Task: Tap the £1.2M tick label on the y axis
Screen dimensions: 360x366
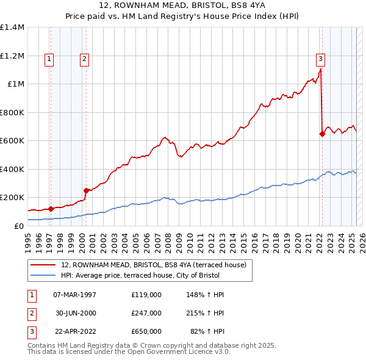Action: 12,56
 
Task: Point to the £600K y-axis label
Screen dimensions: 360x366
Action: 12,140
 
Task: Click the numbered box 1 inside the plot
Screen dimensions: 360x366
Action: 49,59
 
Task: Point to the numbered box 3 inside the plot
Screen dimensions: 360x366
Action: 320,59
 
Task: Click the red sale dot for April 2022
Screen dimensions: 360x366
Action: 322,134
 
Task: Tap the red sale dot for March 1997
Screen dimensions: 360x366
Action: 51,209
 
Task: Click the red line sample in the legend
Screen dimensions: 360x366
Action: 43,265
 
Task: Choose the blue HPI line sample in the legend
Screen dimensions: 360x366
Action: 43,275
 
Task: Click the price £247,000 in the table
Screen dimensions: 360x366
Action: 146,313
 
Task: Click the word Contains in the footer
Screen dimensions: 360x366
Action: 43,345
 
